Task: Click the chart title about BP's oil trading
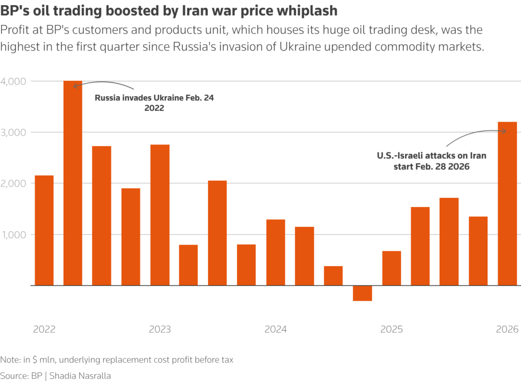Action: pyautogui.click(x=169, y=10)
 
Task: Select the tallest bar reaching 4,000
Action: pyautogui.click(x=73, y=183)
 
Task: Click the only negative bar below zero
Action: pyautogui.click(x=362, y=293)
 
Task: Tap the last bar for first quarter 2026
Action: pyautogui.click(x=507, y=203)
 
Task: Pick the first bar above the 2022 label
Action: pyautogui.click(x=44, y=230)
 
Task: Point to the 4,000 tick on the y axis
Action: pyautogui.click(x=15, y=81)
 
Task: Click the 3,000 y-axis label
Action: pyautogui.click(x=15, y=132)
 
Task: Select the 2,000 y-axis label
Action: pyautogui.click(x=15, y=183)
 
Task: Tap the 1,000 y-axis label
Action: pyautogui.click(x=15, y=235)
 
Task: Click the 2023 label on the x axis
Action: pyautogui.click(x=160, y=329)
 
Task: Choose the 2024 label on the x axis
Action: pyautogui.click(x=275, y=329)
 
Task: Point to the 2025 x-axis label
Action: pyautogui.click(x=391, y=329)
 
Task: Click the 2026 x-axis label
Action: pyautogui.click(x=507, y=329)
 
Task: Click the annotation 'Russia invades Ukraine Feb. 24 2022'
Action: pyautogui.click(x=154, y=103)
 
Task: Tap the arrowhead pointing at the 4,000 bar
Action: pyautogui.click(x=76, y=86)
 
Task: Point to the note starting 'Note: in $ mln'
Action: pyautogui.click(x=117, y=360)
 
